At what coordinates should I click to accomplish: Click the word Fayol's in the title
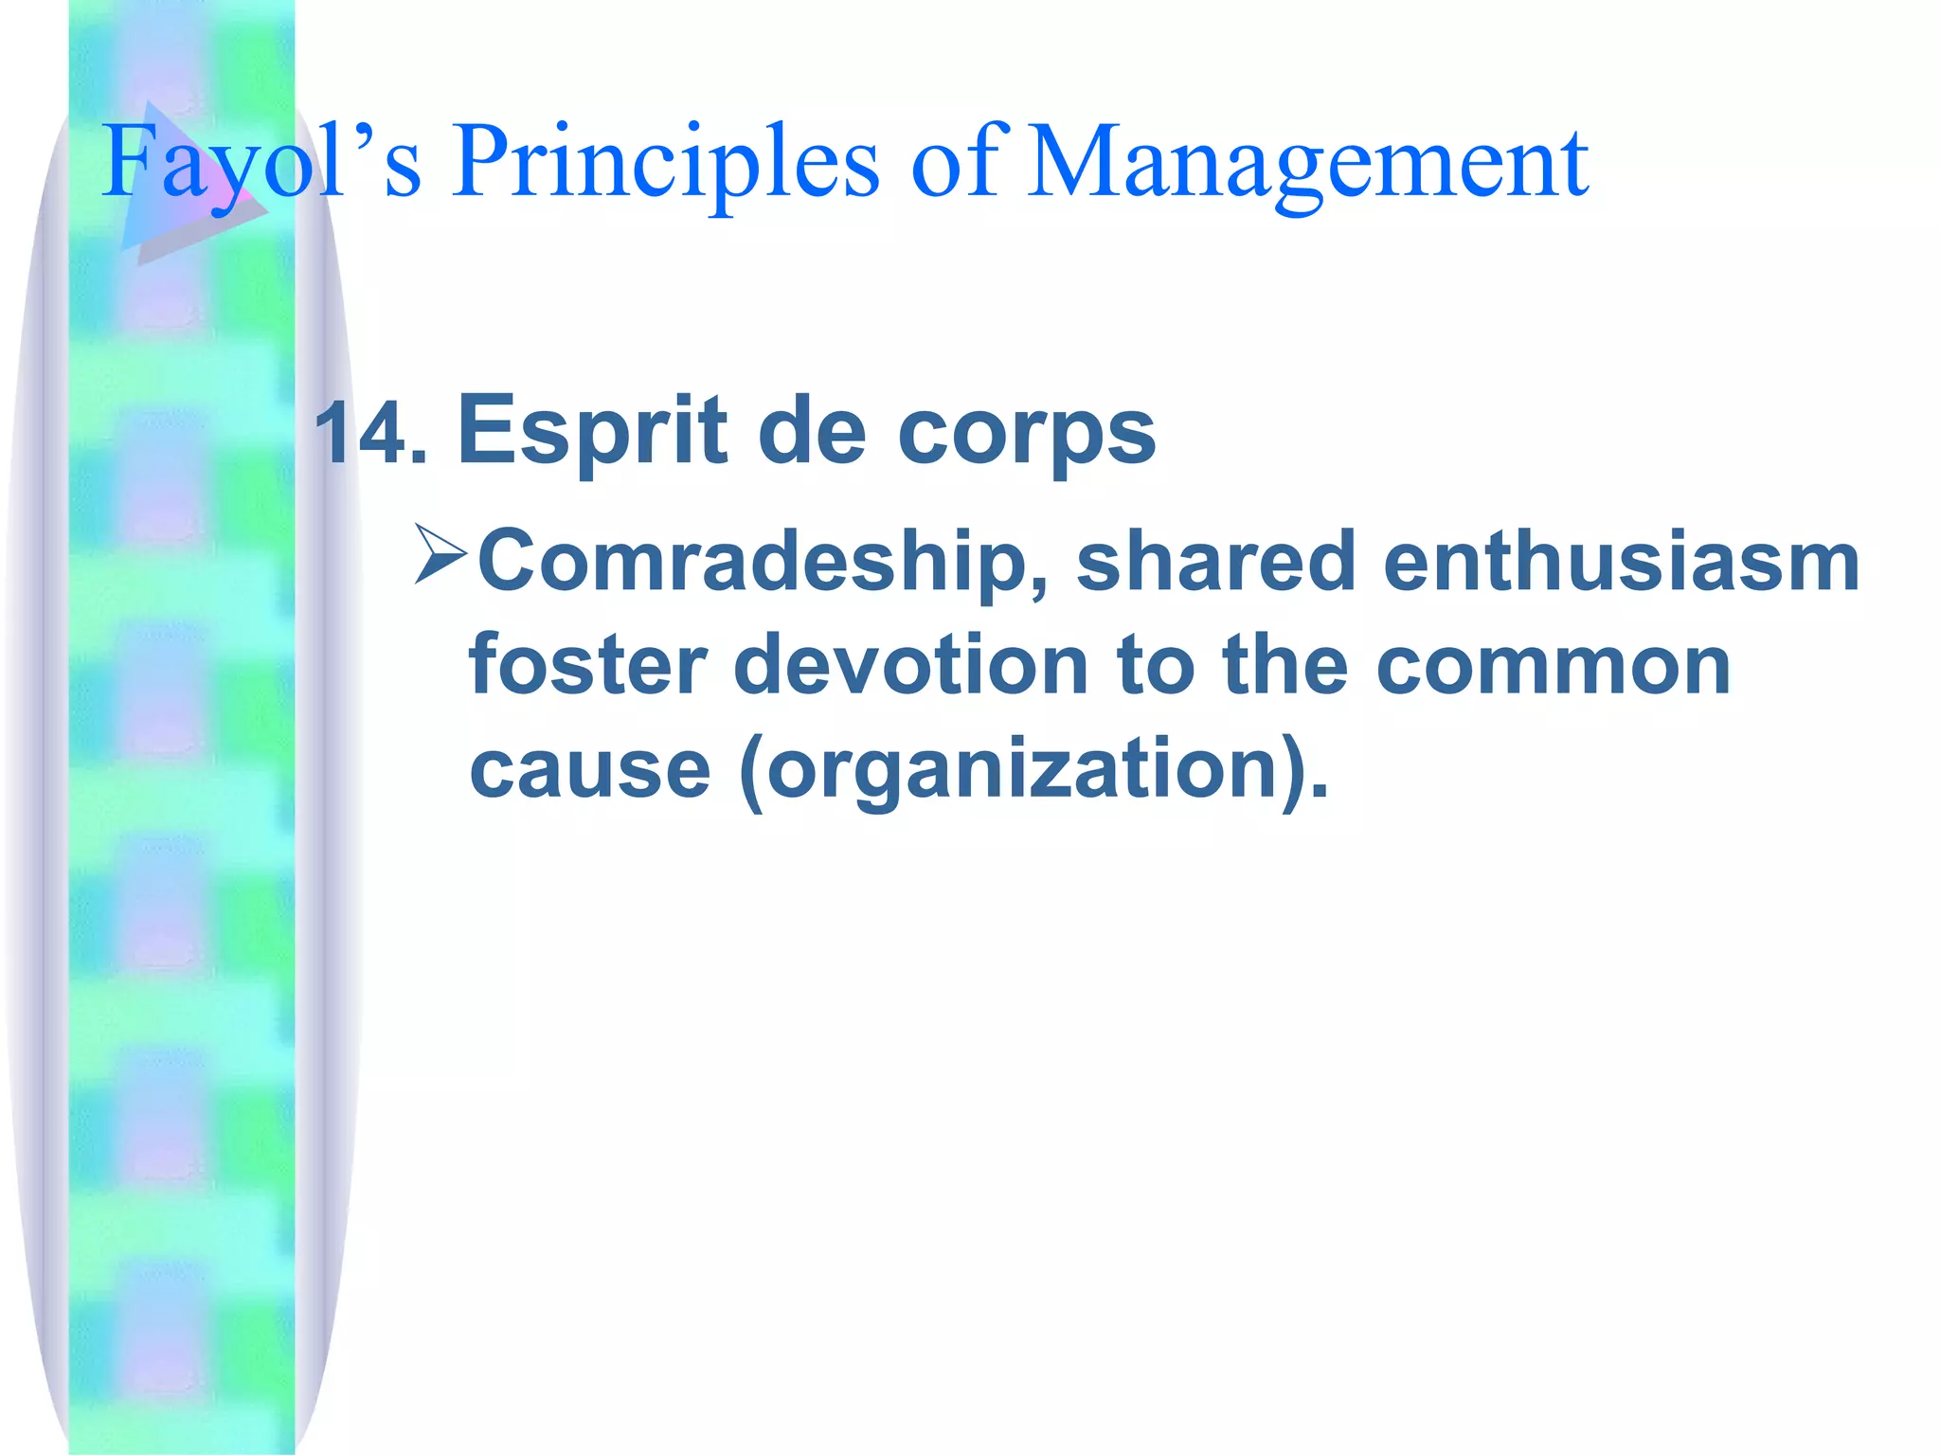click(x=260, y=163)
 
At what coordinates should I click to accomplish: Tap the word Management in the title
click(x=1307, y=163)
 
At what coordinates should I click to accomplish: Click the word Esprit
click(x=592, y=431)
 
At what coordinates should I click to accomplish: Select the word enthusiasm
click(x=1621, y=561)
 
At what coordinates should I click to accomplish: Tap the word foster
click(x=587, y=665)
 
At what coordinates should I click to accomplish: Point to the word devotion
click(x=910, y=665)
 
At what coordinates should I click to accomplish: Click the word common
click(x=1553, y=665)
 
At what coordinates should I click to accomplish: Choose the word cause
click(x=589, y=769)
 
